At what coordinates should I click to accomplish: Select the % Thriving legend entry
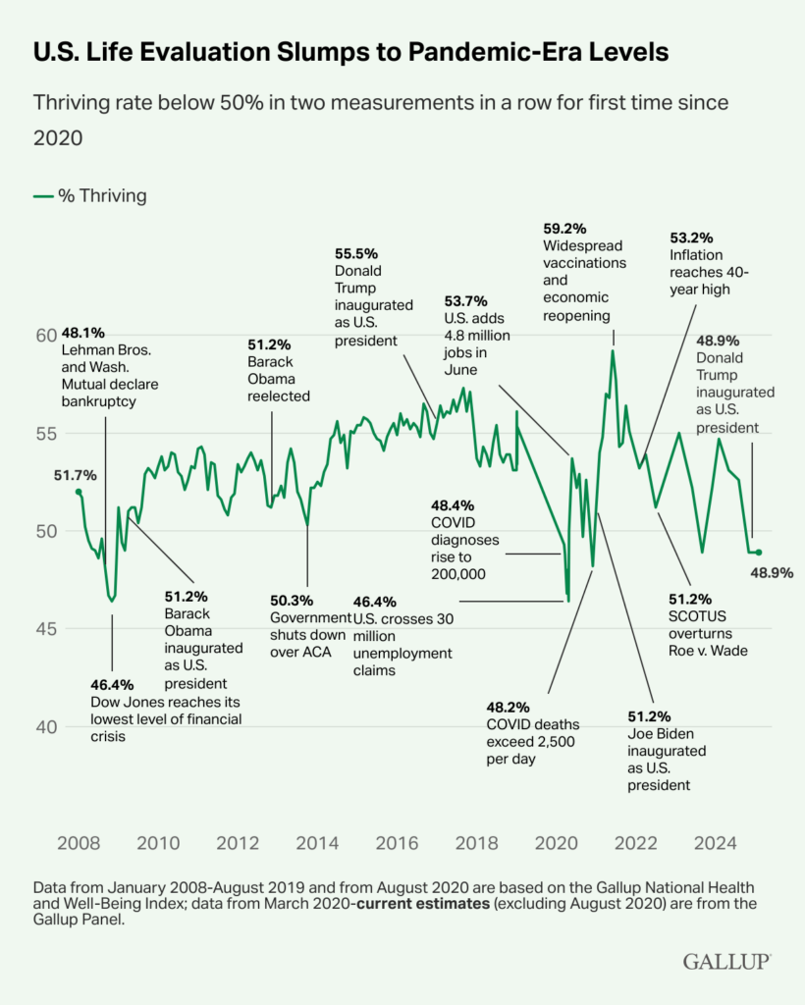pyautogui.click(x=89, y=195)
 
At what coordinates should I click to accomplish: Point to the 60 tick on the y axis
pyautogui.click(x=46, y=336)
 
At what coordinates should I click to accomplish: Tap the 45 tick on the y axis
pyautogui.click(x=46, y=628)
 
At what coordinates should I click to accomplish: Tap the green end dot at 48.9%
pyautogui.click(x=759, y=553)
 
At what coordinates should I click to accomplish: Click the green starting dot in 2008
pyautogui.click(x=79, y=491)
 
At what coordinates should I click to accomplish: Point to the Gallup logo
pyautogui.click(x=726, y=963)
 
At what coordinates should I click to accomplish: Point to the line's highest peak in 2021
pyautogui.click(x=613, y=350)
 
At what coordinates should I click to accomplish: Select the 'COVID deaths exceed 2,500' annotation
pyautogui.click(x=531, y=741)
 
